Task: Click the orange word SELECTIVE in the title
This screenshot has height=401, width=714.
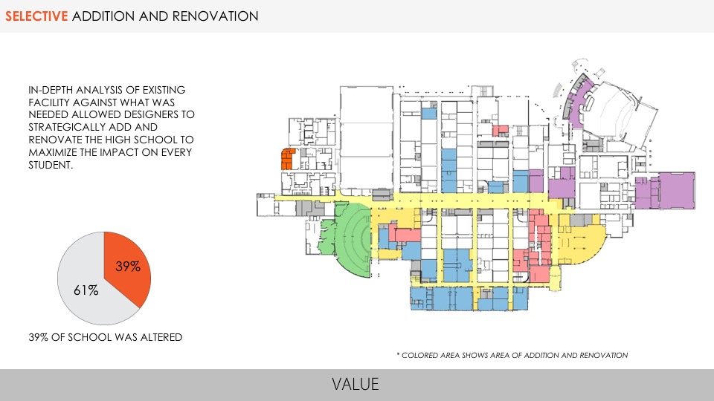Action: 36,16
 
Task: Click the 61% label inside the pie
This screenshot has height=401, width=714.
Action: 86,290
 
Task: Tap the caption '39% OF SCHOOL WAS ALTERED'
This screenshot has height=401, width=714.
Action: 105,337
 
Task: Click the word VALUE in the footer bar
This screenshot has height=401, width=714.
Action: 356,384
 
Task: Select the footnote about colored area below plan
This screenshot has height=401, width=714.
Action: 512,355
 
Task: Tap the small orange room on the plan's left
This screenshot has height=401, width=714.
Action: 287,159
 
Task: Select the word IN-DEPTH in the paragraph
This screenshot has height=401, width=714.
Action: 51,90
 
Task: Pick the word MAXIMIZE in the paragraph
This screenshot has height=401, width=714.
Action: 54,153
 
